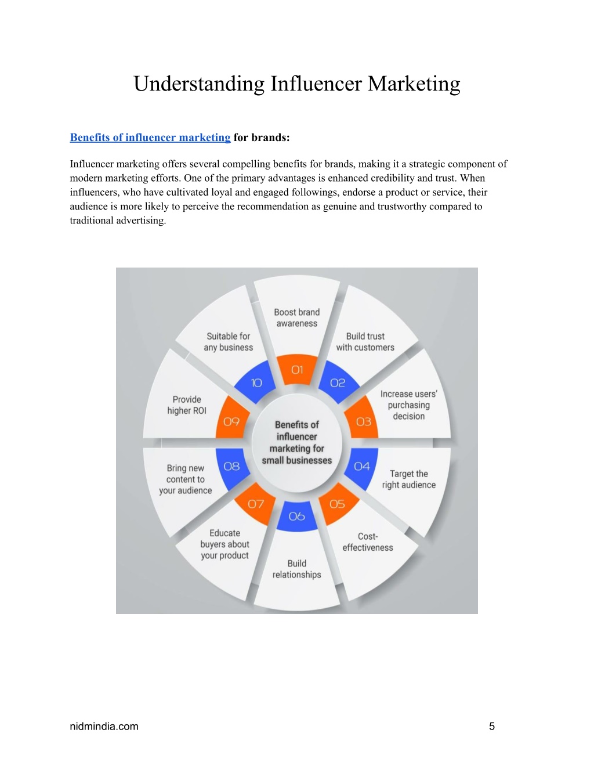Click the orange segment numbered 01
[x=297, y=370]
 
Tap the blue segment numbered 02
[x=338, y=382]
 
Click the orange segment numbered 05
[x=338, y=504]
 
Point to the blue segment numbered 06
[x=297, y=517]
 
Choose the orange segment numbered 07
[x=255, y=504]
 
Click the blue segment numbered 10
[x=255, y=382]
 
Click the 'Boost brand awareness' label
[x=297, y=318]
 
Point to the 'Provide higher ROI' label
[x=187, y=405]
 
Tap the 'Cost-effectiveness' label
[x=368, y=542]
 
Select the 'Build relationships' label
[x=297, y=569]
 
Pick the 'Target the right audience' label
[x=409, y=479]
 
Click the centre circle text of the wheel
[x=297, y=442]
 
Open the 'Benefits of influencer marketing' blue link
[x=150, y=138]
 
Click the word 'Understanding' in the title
[x=199, y=84]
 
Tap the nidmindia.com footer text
[x=104, y=727]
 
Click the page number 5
[x=492, y=727]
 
